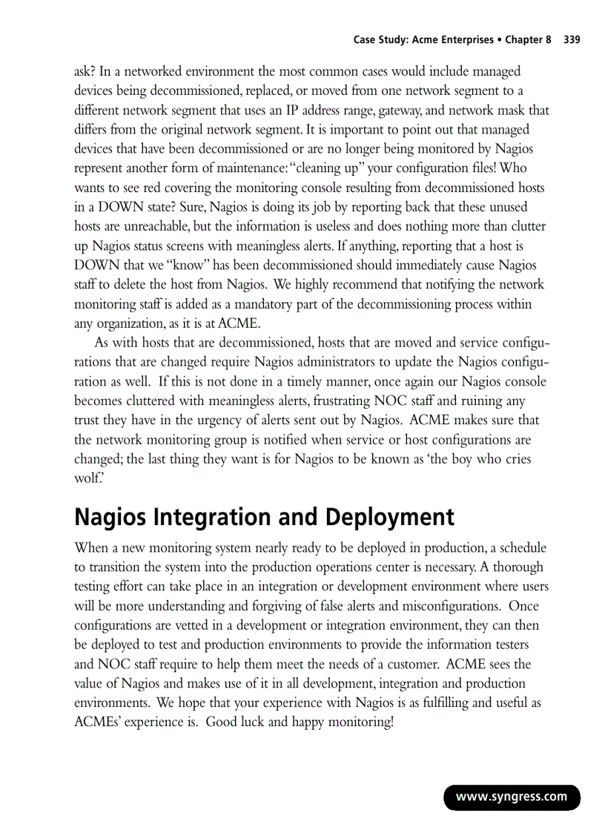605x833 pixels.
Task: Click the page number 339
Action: point(571,40)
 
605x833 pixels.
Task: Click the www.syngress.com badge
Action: point(512,797)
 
